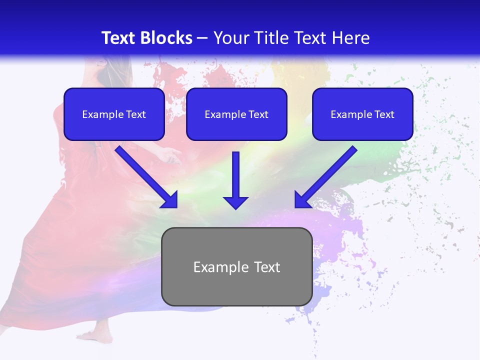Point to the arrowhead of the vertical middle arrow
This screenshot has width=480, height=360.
coord(235,202)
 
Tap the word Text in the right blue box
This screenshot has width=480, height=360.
coord(384,114)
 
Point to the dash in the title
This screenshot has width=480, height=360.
coord(202,38)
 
